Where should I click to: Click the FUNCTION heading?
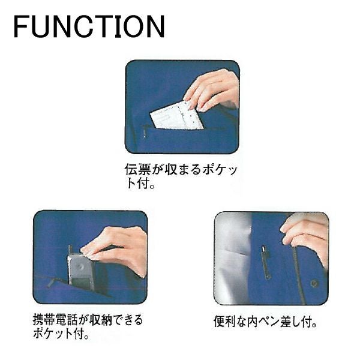coord(89,26)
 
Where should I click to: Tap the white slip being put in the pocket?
coord(177,116)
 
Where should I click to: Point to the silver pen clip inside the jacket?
coord(266,262)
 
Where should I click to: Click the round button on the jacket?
coord(314,284)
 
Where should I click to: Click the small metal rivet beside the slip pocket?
coord(145,134)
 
